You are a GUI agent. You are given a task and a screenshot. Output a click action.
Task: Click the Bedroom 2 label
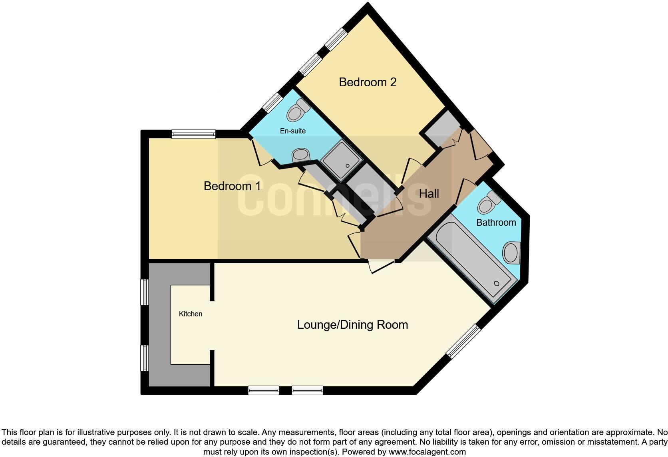click(x=368, y=82)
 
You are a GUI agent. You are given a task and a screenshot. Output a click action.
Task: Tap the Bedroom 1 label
click(x=232, y=186)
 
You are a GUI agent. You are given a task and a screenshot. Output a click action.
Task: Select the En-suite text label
click(x=293, y=131)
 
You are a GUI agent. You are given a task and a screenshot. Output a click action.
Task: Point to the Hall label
click(x=429, y=194)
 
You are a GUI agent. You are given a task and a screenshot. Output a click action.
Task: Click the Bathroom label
click(x=496, y=223)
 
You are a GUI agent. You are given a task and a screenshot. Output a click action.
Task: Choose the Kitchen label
click(x=191, y=314)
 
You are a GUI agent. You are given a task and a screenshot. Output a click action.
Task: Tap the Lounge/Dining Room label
click(x=352, y=325)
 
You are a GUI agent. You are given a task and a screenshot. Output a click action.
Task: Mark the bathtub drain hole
click(x=497, y=283)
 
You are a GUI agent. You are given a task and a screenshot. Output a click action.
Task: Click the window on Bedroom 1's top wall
click(x=194, y=134)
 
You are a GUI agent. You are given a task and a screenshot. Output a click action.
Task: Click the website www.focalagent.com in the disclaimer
click(x=427, y=452)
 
